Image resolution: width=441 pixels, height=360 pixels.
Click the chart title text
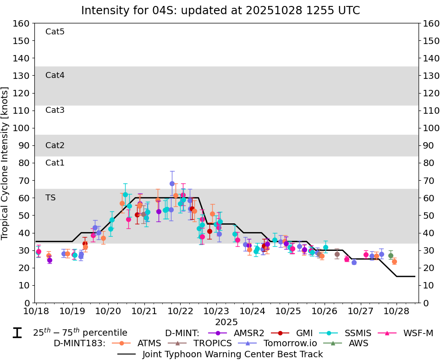220,11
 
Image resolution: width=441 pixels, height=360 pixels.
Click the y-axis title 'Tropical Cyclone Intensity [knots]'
6,163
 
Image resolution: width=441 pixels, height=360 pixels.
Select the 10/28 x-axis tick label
396,310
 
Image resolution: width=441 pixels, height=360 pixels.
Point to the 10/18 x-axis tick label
36,310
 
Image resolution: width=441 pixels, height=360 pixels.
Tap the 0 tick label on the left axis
27,303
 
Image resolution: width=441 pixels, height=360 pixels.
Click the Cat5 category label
55,32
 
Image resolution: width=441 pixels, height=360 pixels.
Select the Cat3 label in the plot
55,110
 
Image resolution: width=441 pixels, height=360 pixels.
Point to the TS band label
50,198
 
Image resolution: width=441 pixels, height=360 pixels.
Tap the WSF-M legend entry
417,333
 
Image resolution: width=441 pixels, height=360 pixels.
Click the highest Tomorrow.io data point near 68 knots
172,183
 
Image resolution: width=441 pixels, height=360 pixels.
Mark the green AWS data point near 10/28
391,255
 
